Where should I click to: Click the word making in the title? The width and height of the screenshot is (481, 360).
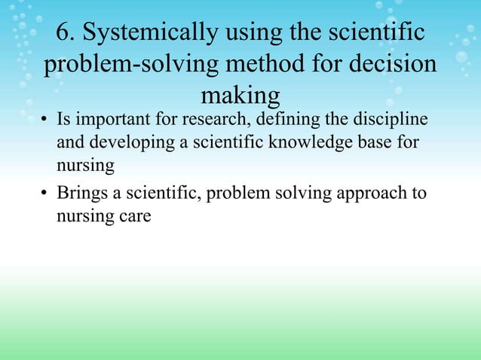point(240,96)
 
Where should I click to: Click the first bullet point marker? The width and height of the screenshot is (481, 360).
point(46,121)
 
